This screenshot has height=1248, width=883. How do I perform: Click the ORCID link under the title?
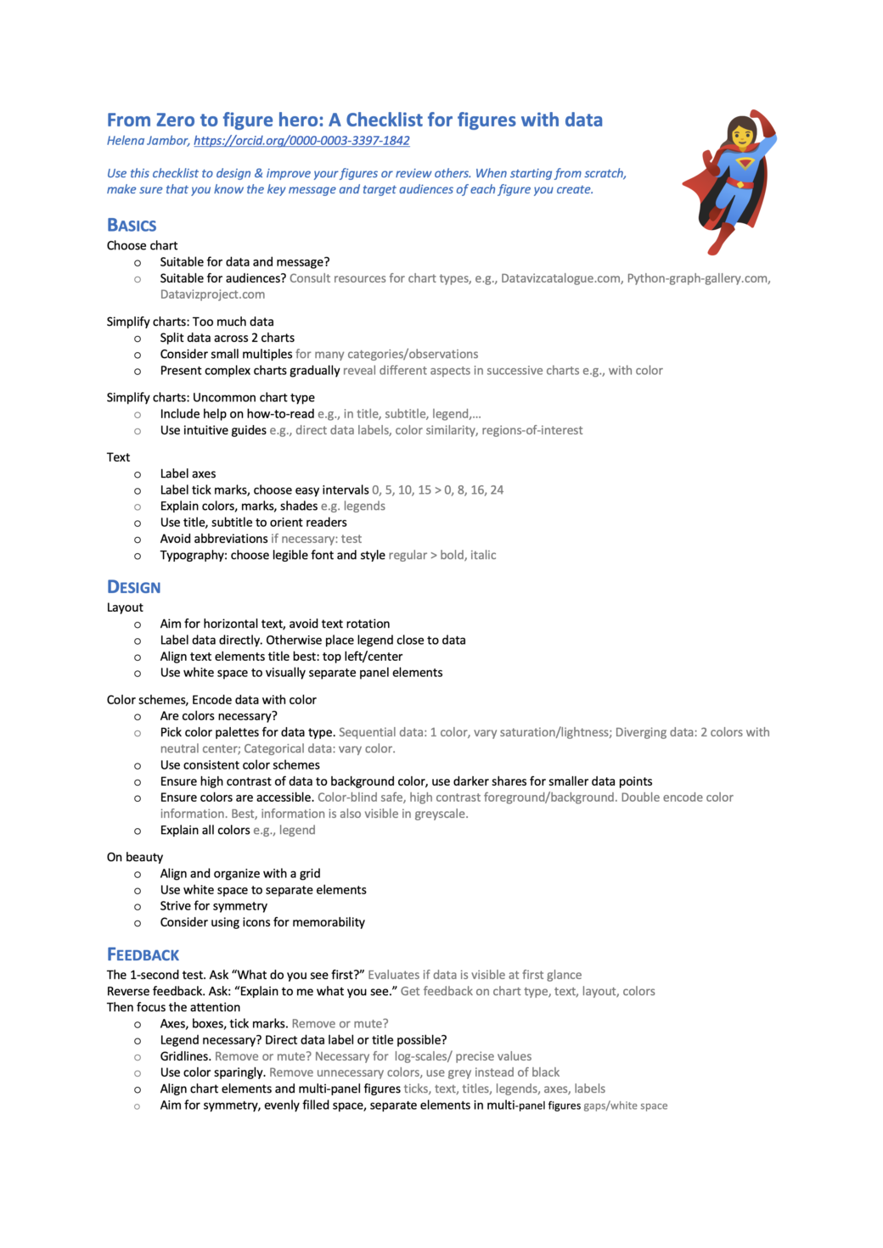point(301,141)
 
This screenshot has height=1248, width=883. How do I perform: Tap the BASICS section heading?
point(132,226)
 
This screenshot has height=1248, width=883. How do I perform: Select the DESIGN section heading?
point(133,587)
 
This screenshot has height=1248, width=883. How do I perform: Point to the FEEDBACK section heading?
point(143,954)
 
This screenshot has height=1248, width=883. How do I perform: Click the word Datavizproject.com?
point(212,294)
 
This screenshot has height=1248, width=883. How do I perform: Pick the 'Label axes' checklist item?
point(188,473)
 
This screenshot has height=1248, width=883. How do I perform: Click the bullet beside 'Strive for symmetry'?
point(138,906)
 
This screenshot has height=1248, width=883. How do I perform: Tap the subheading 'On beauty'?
point(135,857)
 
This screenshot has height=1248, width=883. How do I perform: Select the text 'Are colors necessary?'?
point(218,716)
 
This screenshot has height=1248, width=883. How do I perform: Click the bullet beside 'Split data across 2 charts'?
point(138,339)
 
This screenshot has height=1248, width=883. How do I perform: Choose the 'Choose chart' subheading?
point(142,245)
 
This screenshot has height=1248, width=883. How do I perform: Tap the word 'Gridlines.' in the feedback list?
point(185,1056)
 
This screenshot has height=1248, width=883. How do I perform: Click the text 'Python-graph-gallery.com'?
point(698,278)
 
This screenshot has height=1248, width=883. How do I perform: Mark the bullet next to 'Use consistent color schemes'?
point(138,765)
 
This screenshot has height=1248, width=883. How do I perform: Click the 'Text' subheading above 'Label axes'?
point(118,457)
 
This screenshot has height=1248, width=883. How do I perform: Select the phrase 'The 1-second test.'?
point(155,975)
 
